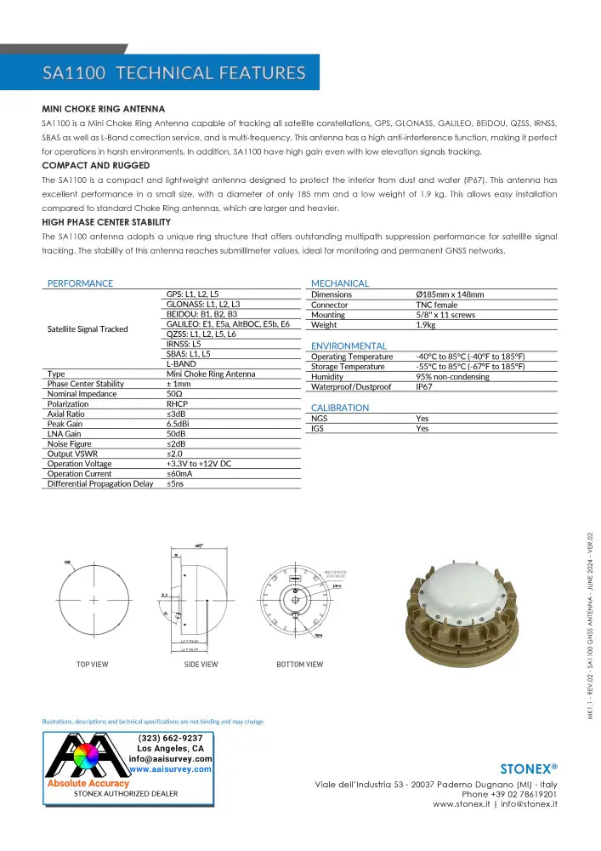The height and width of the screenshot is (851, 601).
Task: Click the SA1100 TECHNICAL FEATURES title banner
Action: coord(173,73)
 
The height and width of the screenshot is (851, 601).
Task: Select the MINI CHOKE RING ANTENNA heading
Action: coord(103,110)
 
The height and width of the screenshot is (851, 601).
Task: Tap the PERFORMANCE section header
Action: coord(80,283)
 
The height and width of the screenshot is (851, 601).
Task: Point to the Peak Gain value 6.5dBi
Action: coord(177,424)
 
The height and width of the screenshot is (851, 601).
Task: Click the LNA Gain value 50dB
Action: coord(175,434)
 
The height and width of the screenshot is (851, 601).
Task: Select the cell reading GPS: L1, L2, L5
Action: coord(192,294)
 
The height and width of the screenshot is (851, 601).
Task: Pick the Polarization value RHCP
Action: coord(176,404)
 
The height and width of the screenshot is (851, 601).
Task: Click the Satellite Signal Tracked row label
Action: coord(88,328)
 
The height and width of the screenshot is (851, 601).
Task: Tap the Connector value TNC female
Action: coord(436,305)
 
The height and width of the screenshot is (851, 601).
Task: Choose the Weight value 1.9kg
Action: coord(425,325)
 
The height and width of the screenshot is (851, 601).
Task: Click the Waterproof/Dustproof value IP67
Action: coord(424,387)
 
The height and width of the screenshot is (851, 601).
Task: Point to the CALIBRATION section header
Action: coord(340,408)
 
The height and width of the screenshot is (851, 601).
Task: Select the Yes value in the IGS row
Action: coord(422,429)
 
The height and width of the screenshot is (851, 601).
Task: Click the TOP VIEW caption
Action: coord(94,665)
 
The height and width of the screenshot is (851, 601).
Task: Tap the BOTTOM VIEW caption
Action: coord(299,665)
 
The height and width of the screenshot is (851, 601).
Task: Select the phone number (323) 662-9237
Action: coord(170,738)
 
